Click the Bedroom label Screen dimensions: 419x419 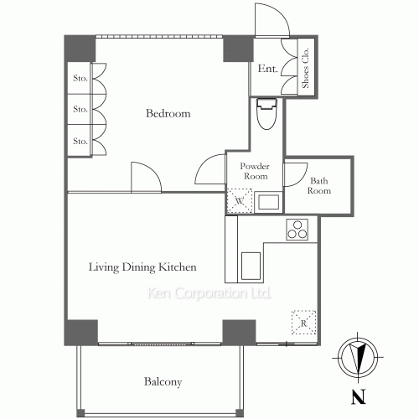click(168, 113)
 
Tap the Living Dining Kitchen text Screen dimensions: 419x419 click(142, 267)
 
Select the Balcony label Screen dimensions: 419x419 click(163, 381)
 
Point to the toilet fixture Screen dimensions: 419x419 click(266, 114)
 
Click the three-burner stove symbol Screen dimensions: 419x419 click(297, 230)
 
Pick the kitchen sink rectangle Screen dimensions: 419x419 click(251, 266)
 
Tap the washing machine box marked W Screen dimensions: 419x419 click(240, 201)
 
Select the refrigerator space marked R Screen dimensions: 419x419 click(303, 322)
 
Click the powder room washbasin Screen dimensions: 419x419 click(268, 202)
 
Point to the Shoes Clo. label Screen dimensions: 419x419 click(305, 68)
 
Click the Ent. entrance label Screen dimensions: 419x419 click(267, 69)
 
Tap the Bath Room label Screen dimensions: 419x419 click(319, 186)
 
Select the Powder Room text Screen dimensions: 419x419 click(255, 171)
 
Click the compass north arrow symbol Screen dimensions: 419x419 click(358, 357)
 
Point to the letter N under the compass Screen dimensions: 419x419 click(359, 397)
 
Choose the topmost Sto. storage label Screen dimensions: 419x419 click(80, 78)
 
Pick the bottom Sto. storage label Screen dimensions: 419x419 click(80, 141)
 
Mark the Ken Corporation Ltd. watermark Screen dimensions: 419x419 click(209, 293)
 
